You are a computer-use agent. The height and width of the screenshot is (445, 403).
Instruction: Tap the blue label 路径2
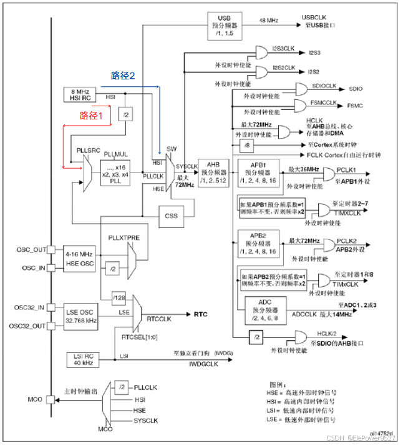pyautogui.click(x=123, y=76)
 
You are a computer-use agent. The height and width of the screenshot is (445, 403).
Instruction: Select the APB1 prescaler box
pyautogui.click(x=257, y=174)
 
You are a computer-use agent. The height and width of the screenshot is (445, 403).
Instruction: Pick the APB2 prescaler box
pyautogui.click(x=257, y=245)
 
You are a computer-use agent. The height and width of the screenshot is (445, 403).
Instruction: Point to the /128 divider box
pyautogui.click(x=120, y=296)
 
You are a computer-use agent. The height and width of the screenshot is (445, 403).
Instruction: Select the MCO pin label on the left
pyautogui.click(x=34, y=398)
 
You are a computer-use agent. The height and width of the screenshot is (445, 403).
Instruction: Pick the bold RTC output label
pyautogui.click(x=201, y=314)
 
